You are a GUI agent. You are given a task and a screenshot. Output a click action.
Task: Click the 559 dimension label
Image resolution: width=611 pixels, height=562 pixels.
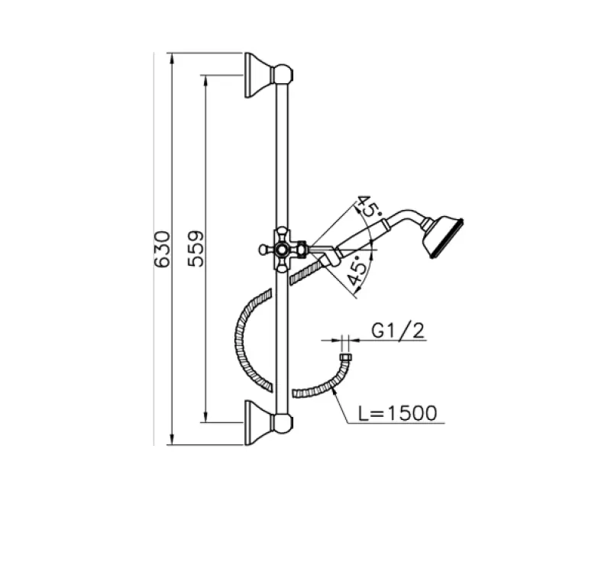[196, 249]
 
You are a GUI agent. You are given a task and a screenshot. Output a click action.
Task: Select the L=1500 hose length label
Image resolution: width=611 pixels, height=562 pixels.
[398, 413]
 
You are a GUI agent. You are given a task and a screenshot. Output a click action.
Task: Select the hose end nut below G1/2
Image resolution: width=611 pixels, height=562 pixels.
[344, 358]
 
